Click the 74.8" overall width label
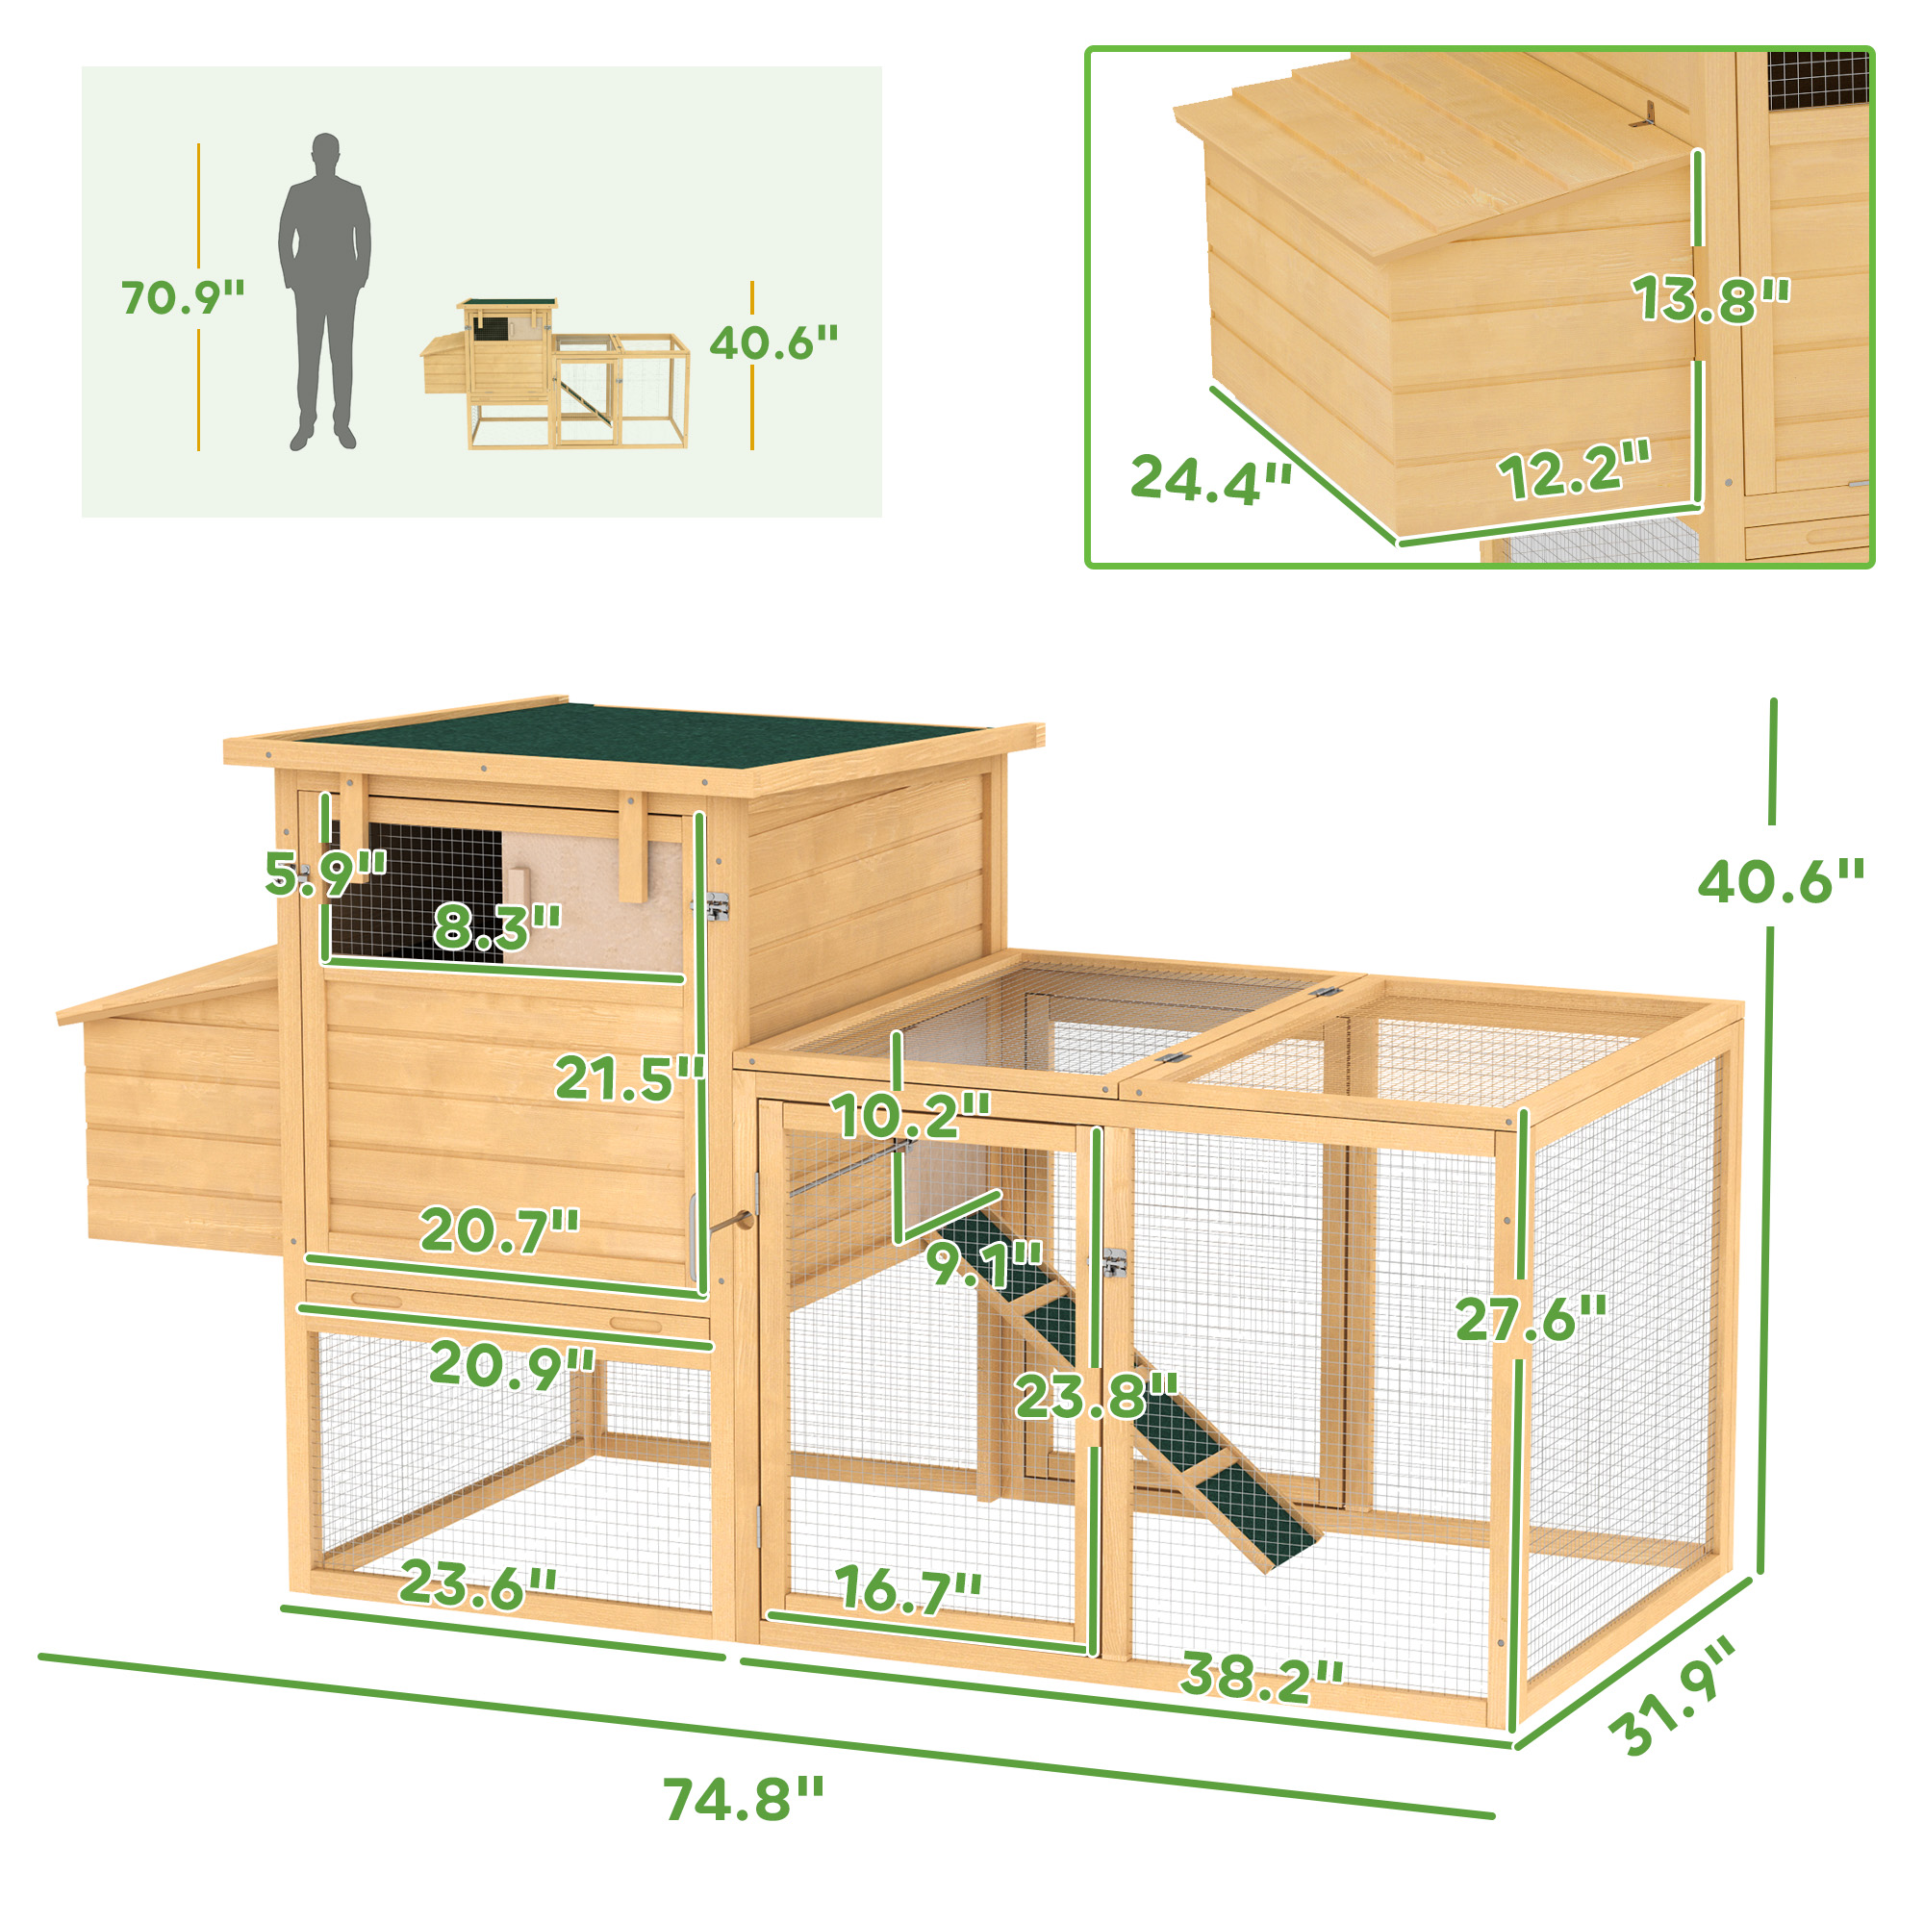744,1800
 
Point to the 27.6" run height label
1531,1319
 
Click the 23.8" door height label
1097,1395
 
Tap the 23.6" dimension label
478,1583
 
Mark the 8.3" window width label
497,925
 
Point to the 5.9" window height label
324,873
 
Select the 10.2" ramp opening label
911,1115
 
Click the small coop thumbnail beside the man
555,373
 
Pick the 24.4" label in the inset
1210,479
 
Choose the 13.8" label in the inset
1709,298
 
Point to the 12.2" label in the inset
1574,470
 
